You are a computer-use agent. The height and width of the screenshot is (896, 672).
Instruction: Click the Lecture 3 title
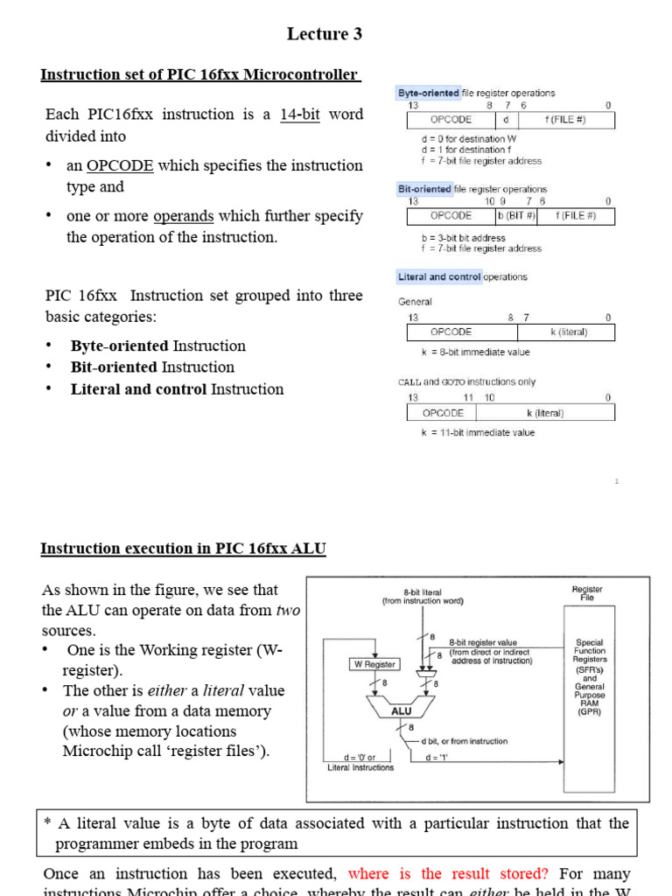(x=324, y=34)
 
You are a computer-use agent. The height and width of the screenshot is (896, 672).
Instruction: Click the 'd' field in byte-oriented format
(x=506, y=120)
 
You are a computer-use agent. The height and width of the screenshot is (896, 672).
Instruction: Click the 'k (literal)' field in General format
(x=568, y=332)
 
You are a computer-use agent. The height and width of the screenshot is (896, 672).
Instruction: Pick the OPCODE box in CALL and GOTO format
(x=443, y=413)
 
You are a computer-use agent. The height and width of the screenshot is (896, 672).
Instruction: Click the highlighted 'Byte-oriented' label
(x=429, y=93)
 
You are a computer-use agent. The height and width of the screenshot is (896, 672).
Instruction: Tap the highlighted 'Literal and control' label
(x=439, y=277)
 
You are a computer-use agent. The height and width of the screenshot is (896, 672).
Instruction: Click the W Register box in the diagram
(x=374, y=664)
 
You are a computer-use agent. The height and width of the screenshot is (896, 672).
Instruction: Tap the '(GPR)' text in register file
(x=589, y=712)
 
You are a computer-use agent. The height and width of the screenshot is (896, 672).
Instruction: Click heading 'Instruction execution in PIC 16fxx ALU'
(x=183, y=549)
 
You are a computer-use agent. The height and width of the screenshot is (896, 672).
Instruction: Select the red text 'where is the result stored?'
(x=448, y=873)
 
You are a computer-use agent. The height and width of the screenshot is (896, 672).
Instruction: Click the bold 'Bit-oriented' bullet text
(x=114, y=367)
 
